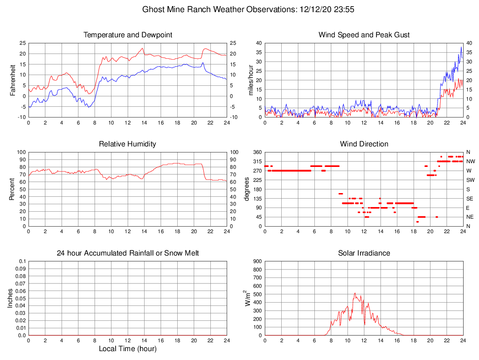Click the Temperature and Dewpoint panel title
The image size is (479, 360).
(127, 35)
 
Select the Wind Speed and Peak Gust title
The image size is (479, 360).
(364, 35)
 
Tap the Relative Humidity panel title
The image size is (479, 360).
(127, 144)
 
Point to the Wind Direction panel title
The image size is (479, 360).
(364, 144)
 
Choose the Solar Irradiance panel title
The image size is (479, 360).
(364, 253)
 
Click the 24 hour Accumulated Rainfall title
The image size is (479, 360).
(127, 253)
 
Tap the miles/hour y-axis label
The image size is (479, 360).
(251, 80)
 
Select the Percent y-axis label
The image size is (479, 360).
(13, 189)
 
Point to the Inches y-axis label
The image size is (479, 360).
(10, 298)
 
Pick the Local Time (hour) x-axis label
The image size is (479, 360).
(127, 349)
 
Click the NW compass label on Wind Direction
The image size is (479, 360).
(471, 161)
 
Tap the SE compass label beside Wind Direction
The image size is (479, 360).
(470, 199)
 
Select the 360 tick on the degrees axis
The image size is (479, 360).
(257, 152)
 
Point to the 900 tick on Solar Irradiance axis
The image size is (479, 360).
(257, 262)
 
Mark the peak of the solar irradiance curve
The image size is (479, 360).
(355, 293)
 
